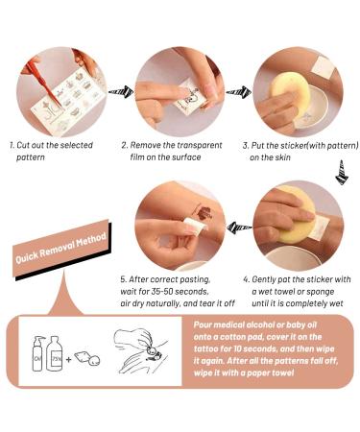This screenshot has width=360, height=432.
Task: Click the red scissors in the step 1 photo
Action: [43, 84]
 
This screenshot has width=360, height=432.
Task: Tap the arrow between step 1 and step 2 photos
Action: [121, 92]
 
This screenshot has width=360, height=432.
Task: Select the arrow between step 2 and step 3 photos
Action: [239, 92]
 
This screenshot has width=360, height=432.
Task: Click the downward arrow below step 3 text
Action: [342, 172]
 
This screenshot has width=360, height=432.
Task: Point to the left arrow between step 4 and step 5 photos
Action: [239, 228]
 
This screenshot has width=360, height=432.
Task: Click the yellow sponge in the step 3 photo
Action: [290, 91]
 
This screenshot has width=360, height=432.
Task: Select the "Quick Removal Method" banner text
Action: [60, 249]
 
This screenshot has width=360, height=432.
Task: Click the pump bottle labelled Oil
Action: [37, 353]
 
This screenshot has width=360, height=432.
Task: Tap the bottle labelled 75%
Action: [55, 353]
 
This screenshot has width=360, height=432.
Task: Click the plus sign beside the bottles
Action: [68, 359]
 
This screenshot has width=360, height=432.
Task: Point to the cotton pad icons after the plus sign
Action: [87, 358]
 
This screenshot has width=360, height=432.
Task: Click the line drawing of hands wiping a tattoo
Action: [140, 351]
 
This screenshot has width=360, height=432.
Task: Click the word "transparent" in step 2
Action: [200, 145]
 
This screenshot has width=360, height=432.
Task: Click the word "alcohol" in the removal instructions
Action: [259, 324]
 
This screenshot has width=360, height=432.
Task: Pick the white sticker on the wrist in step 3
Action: [323, 67]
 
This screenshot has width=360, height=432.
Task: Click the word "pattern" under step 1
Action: [31, 157]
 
